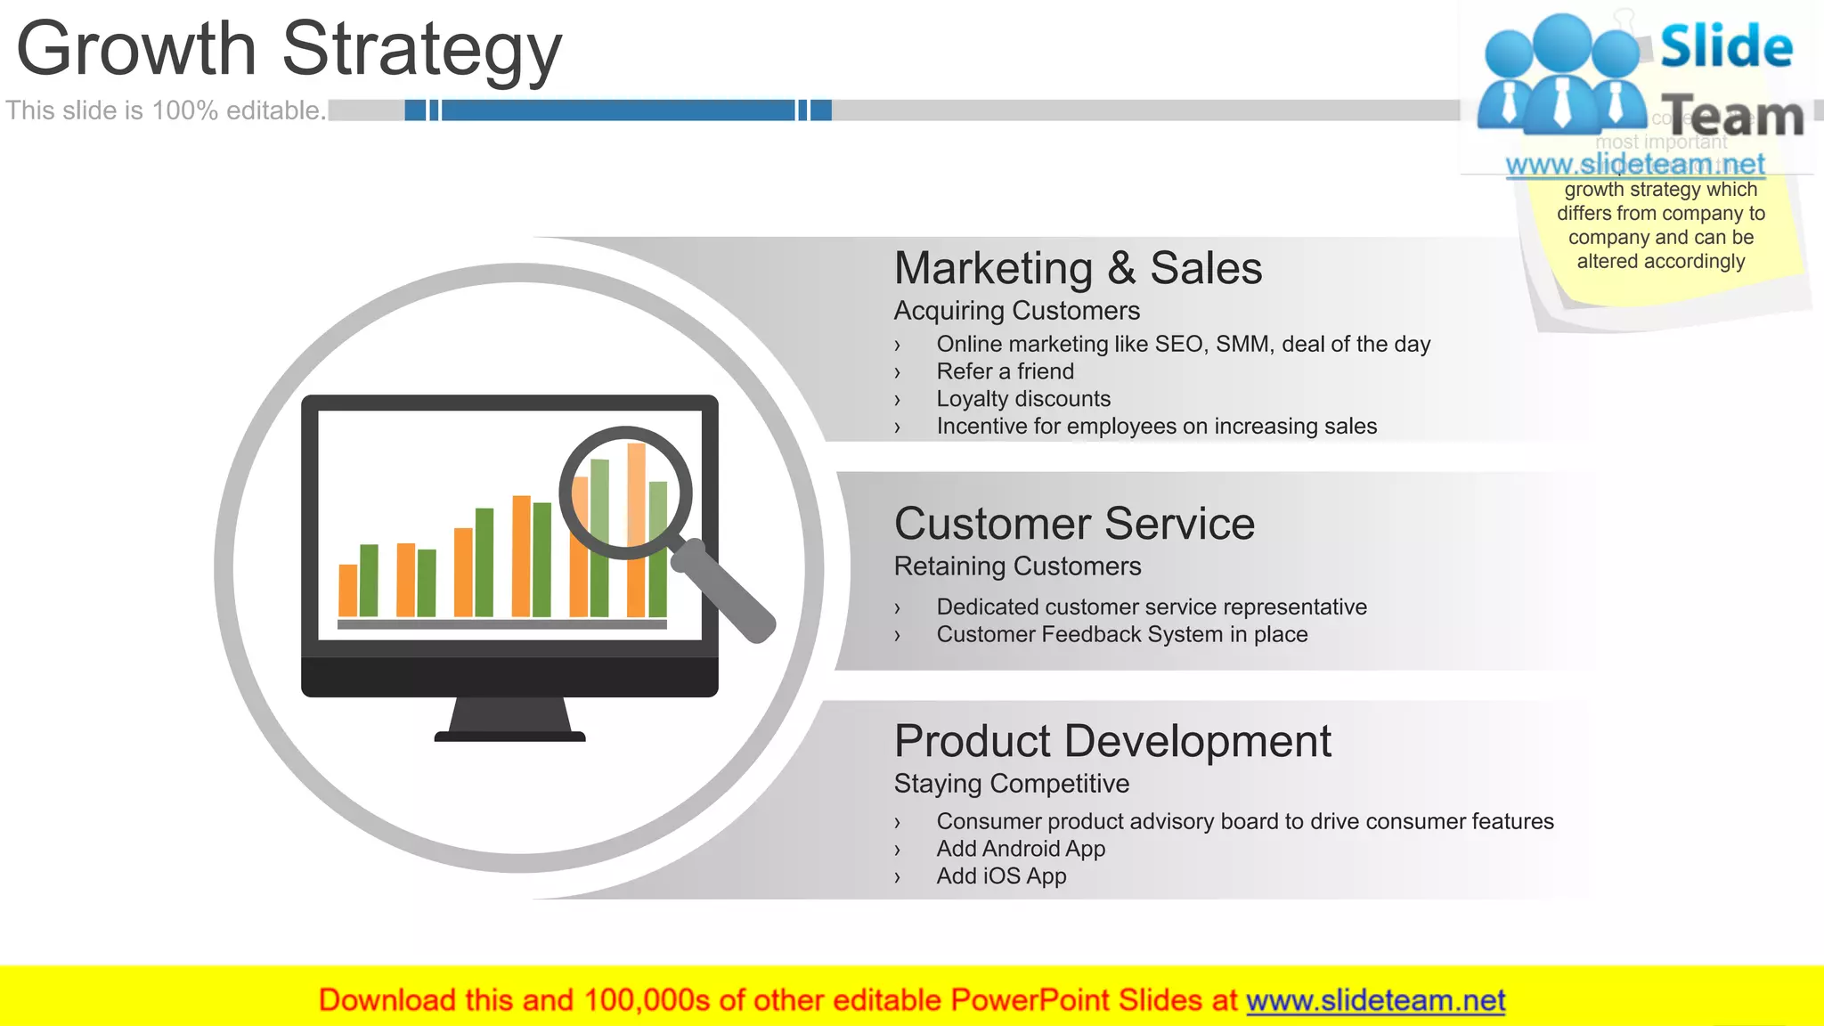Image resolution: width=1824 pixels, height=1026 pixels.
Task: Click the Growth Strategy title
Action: (289, 49)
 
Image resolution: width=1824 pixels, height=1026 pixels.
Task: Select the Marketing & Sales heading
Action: (1078, 268)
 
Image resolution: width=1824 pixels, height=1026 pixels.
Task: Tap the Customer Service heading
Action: (1074, 524)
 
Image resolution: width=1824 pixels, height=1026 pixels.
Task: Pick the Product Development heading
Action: (1112, 741)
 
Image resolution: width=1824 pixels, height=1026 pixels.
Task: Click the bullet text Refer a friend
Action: (1005, 371)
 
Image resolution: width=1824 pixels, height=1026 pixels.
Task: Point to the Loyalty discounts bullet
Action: (1023, 399)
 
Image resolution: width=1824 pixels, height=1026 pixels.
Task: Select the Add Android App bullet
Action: (1021, 849)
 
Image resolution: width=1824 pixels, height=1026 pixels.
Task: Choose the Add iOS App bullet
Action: (1001, 876)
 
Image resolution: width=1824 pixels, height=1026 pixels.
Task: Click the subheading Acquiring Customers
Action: (1016, 311)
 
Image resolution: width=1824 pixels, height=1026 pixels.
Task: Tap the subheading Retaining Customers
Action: (1017, 566)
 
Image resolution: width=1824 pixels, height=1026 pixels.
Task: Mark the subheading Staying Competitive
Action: (1011, 784)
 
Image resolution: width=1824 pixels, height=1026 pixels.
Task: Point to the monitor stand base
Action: (509, 736)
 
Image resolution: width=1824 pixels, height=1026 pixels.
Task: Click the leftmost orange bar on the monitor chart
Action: (348, 590)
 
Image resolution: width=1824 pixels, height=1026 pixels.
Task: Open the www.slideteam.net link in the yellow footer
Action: (1375, 1000)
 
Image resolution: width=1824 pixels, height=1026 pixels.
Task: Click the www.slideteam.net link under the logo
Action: (1634, 165)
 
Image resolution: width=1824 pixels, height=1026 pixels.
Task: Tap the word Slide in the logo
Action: (1726, 46)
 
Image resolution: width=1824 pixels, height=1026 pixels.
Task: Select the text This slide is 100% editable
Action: (166, 110)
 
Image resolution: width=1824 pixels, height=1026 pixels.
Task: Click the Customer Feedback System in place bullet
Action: (1121, 635)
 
